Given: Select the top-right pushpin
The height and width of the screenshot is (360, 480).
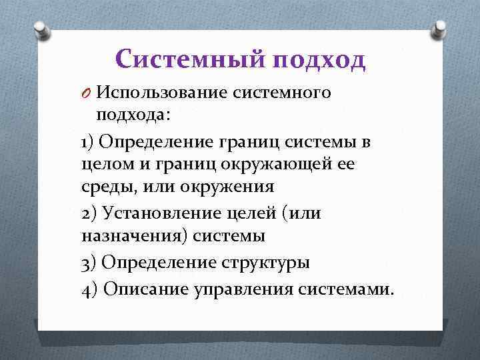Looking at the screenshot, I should coord(440,29).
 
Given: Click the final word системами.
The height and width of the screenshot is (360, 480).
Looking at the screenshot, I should coord(347,289).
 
